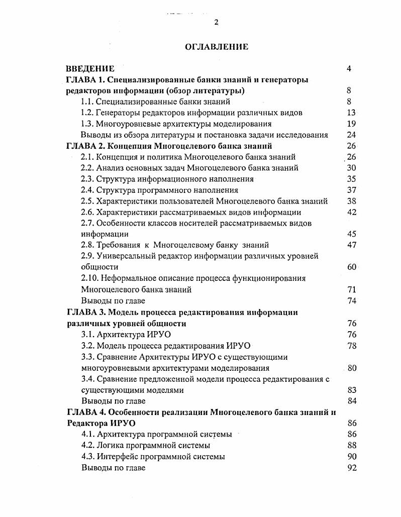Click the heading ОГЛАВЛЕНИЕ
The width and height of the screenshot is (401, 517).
coord(217,47)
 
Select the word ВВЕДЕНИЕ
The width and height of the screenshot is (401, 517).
coord(90,69)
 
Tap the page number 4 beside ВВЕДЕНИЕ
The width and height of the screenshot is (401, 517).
coord(349,69)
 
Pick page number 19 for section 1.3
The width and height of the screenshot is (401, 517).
coord(351,124)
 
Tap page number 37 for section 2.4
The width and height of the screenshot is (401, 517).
coord(351,190)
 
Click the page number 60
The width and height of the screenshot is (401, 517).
coord(351,267)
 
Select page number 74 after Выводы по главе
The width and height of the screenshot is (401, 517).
coord(351,300)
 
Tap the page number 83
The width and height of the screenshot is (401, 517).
coord(351,390)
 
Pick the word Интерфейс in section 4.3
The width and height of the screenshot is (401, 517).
coord(118,457)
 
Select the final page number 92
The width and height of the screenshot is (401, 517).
coord(351,468)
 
